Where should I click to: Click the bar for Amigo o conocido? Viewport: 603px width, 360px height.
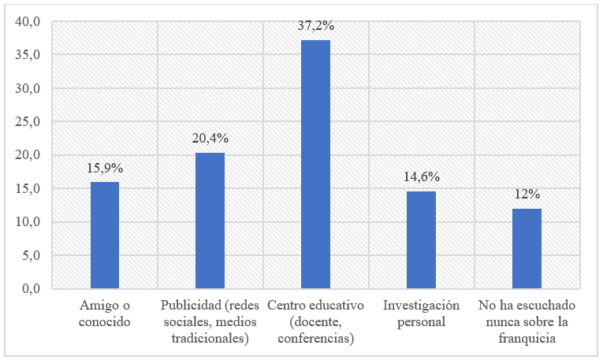coord(105,236)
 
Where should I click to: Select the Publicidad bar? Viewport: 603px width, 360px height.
coord(210,221)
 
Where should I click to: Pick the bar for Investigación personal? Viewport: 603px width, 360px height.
coord(421,239)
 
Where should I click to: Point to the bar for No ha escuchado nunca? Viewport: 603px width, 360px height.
coord(527,248)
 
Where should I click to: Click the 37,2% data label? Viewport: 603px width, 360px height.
coord(315,26)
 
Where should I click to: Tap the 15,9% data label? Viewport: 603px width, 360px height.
coord(105,168)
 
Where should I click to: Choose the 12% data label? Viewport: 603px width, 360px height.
coord(527,194)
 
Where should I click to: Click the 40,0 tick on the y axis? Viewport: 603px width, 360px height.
coord(28,22)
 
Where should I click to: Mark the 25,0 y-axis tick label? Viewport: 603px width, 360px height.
coord(28,122)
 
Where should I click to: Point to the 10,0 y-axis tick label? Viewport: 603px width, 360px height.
coord(28,222)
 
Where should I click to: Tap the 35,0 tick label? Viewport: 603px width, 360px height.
coord(28,55)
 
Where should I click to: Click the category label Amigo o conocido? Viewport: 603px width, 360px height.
coord(105,313)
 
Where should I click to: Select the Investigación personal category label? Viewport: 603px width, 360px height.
coord(421,313)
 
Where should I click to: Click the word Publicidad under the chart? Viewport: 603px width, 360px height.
coord(190,305)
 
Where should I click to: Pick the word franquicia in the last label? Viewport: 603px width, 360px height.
coord(527,339)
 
